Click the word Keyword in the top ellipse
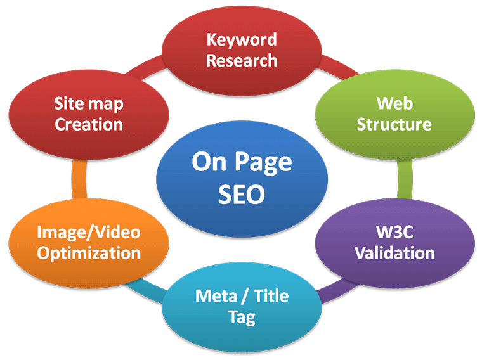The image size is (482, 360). click(241, 40)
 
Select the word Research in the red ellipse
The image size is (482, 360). click(241, 60)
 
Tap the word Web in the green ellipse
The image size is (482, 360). click(394, 103)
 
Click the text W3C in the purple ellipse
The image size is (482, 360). click(394, 232)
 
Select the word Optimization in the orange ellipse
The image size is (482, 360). click(89, 252)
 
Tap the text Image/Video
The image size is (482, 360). click(89, 232)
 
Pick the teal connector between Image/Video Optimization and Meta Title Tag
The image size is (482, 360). click(143, 289)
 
